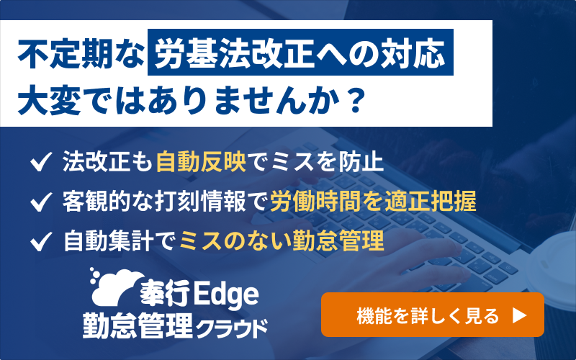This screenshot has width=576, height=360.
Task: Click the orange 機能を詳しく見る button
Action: click(x=432, y=315)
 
